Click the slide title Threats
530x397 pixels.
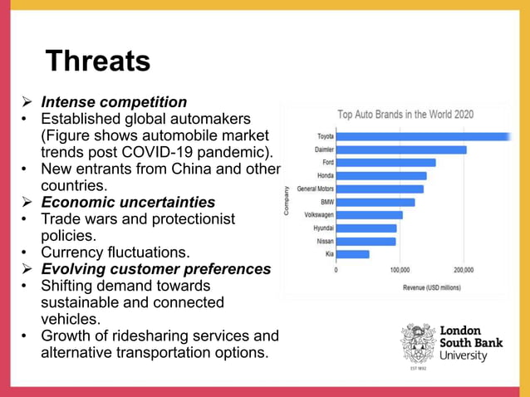click(98, 61)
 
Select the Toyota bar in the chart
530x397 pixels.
click(423, 136)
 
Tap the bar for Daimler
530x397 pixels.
click(401, 149)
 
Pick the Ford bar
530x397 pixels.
click(385, 163)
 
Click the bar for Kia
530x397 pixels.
click(353, 254)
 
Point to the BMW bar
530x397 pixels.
click(375, 202)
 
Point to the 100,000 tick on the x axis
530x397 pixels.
click(400, 270)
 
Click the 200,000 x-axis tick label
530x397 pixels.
click(464, 270)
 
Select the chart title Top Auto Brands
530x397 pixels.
click(405, 115)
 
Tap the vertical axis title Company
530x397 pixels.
click(287, 201)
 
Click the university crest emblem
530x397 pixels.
click(419, 344)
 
